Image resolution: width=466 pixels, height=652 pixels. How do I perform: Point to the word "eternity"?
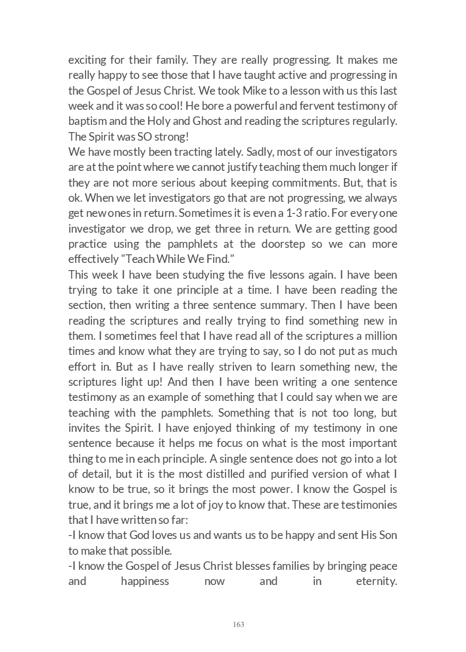pos(376,582)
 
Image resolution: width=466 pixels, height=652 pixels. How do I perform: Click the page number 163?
pos(239,624)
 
